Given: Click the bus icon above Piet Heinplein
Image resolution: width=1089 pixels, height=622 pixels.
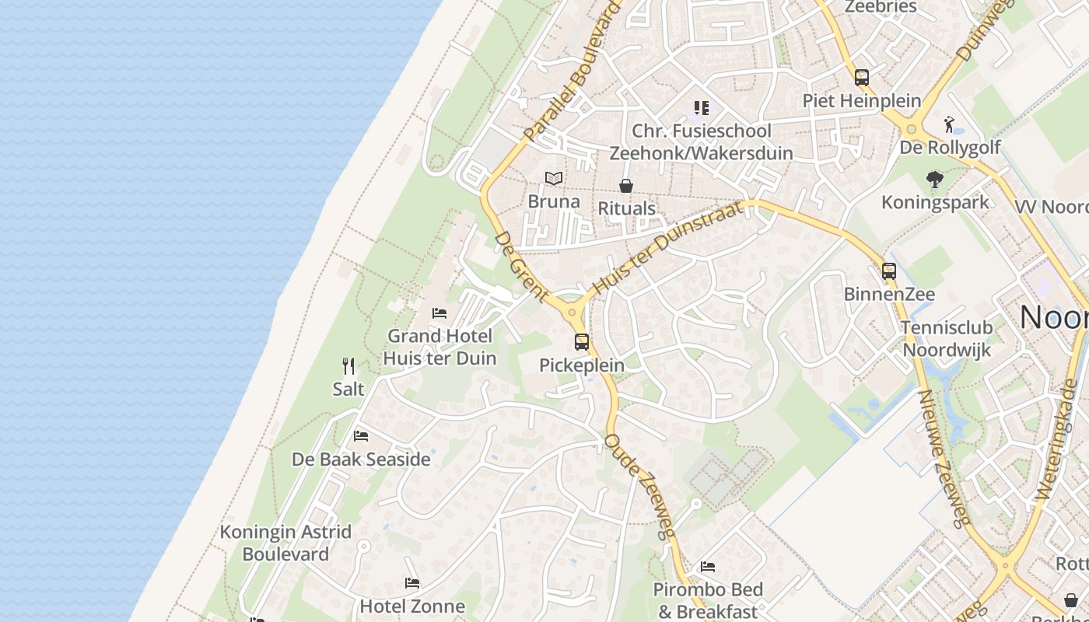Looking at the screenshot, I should (861, 78).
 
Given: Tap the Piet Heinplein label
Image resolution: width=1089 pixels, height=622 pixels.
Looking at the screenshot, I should (861, 101).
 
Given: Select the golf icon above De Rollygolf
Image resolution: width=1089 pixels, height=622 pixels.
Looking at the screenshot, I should (948, 124).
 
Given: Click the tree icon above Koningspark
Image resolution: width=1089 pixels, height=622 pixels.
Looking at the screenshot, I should (935, 180).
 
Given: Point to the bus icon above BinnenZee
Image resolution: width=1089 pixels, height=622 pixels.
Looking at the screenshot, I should (889, 271).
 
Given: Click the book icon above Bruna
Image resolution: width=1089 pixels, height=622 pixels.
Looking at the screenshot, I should (554, 179).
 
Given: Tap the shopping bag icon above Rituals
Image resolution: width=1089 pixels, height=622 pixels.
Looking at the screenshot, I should (626, 186).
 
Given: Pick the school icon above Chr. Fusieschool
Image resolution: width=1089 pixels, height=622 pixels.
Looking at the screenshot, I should (702, 108).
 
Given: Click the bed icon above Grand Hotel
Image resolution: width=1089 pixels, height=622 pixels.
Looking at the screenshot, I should (439, 313).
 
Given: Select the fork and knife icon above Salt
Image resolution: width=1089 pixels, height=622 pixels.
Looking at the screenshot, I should (348, 366).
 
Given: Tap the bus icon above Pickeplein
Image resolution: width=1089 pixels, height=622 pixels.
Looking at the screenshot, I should (582, 342).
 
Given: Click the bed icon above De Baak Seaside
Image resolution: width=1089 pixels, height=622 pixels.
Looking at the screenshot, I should (360, 436).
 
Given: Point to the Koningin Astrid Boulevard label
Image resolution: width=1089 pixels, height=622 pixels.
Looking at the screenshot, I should (285, 543).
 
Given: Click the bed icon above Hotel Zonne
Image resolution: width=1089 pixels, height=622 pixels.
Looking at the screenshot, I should (412, 583).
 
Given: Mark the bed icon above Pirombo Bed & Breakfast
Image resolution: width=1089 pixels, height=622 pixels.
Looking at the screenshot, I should (708, 567).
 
